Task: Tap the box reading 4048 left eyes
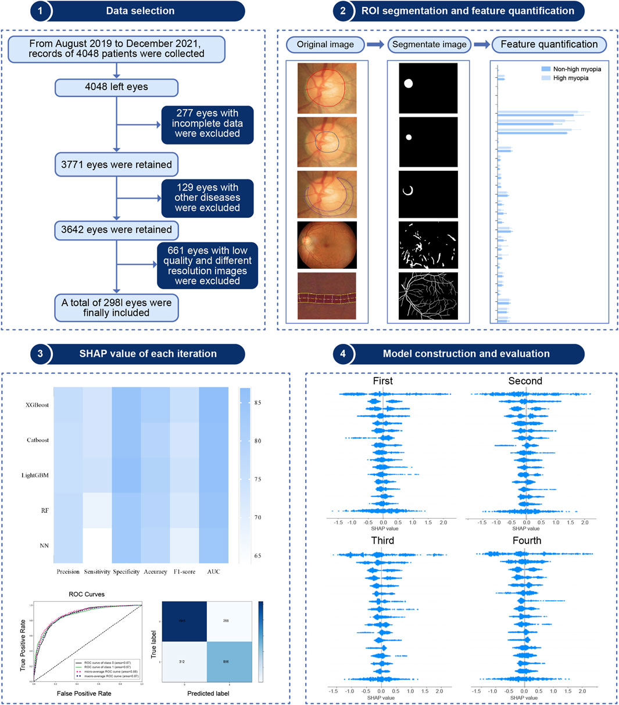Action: (x=116, y=87)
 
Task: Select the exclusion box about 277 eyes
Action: (x=207, y=124)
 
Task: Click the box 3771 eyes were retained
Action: (x=116, y=164)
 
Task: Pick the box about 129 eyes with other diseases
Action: (x=207, y=198)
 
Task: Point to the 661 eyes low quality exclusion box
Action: (x=207, y=266)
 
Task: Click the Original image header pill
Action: (x=325, y=44)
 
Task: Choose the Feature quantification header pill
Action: (x=549, y=44)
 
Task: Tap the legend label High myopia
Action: (x=570, y=78)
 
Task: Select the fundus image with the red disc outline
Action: (x=326, y=88)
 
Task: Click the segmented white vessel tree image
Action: (x=428, y=295)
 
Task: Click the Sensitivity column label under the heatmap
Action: (x=96, y=572)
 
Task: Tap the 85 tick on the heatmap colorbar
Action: (x=257, y=402)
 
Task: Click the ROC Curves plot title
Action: (x=87, y=595)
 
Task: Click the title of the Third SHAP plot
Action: (x=382, y=541)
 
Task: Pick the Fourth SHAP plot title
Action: (x=527, y=541)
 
